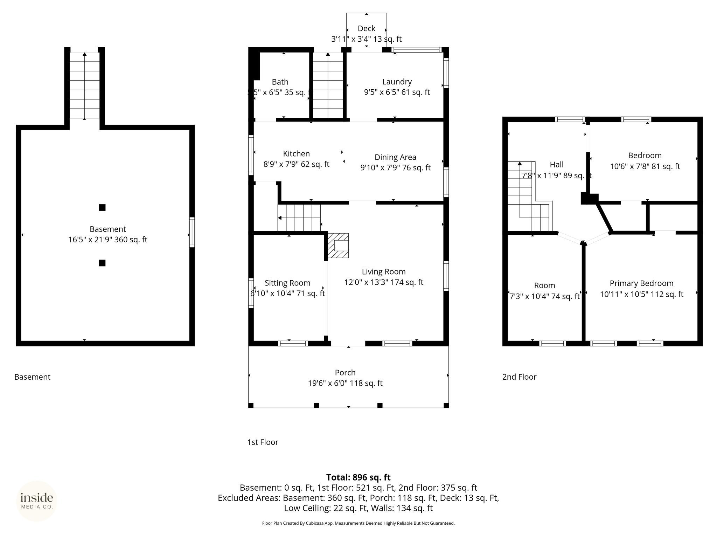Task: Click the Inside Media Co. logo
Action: [37, 501]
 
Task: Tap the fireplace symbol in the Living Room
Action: [338, 246]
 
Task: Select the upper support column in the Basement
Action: [102, 207]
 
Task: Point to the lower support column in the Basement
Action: [102, 263]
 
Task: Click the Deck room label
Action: [367, 28]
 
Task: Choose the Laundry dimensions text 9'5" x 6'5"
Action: [381, 92]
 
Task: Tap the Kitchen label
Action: [296, 153]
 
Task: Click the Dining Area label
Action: [395, 157]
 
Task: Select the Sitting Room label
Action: [287, 283]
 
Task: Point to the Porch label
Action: [345, 373]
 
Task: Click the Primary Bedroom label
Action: [641, 283]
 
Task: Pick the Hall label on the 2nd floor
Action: [557, 164]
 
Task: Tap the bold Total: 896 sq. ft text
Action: [358, 477]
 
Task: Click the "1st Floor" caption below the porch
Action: [263, 442]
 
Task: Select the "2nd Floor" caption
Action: [519, 377]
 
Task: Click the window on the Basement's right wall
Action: [192, 232]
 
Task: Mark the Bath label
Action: [280, 82]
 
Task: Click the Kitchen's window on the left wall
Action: [251, 155]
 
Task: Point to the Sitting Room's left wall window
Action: [251, 293]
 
